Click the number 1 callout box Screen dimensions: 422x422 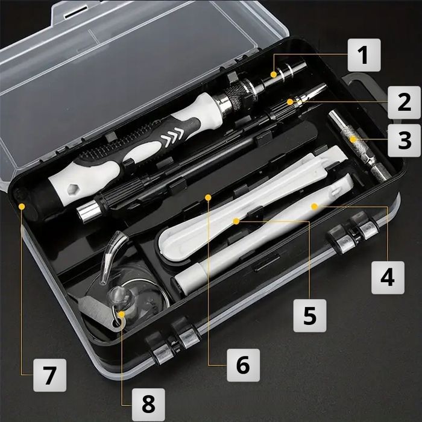pos(363,55)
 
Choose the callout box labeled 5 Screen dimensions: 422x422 pos(310,315)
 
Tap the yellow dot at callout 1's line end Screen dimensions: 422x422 pos(274,74)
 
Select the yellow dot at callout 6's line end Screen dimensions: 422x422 pos(208,197)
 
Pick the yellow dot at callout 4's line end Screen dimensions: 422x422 pos(314,206)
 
